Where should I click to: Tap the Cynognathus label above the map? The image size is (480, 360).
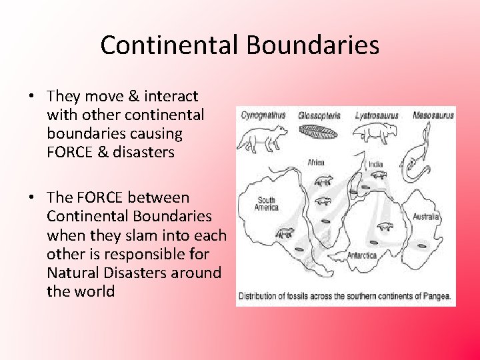[x=263, y=115]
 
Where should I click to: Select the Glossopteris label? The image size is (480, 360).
[x=319, y=115]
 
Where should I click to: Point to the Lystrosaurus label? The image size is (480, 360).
[x=377, y=115]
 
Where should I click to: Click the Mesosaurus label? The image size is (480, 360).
[x=433, y=115]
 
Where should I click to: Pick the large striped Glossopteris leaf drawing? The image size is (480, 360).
[x=319, y=132]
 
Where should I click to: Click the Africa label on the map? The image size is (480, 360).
[x=316, y=163]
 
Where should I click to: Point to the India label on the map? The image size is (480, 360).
[x=376, y=164]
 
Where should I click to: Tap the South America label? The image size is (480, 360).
[x=266, y=203]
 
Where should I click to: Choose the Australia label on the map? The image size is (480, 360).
[x=426, y=217]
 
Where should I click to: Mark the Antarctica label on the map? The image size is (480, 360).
[x=363, y=255]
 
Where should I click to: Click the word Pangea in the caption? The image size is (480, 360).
[x=435, y=295]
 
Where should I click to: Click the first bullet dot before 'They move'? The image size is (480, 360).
[x=31, y=97]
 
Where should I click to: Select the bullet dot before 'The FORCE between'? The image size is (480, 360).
[x=31, y=198]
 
